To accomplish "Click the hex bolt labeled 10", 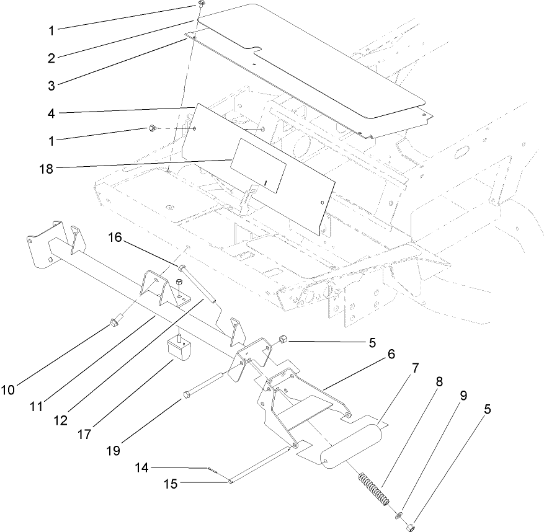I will [115, 321].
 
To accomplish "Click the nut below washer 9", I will [410, 527].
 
